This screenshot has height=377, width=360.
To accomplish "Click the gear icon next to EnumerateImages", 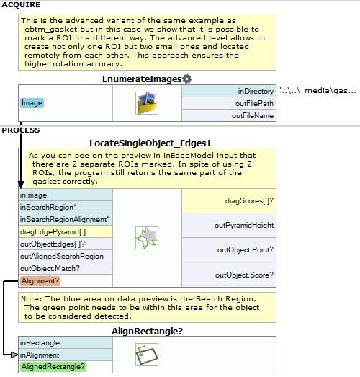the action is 186,79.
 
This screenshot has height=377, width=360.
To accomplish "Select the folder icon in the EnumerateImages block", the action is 147,103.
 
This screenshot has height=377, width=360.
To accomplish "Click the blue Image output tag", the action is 32,103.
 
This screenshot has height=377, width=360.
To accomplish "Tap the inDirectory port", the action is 229,91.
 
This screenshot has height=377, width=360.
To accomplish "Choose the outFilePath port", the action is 229,103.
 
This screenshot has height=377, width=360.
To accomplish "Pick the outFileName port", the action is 229,115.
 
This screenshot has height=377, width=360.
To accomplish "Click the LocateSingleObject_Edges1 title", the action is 150,143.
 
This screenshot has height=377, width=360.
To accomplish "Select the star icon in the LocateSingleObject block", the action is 147,238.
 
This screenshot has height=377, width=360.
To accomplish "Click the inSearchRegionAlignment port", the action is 66,219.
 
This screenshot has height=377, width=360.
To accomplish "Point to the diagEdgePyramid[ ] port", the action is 66,231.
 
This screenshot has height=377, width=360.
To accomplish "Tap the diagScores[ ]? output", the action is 229,201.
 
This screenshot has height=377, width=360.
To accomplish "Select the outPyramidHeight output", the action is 229,226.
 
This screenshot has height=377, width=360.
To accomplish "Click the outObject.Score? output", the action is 229,275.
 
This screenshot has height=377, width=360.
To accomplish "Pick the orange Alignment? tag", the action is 40,281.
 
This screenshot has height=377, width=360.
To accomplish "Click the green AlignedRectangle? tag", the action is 53,366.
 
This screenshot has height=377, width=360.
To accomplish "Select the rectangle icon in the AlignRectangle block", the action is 147,355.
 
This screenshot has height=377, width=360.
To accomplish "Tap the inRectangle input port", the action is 66,342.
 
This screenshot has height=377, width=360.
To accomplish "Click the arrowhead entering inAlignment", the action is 14,355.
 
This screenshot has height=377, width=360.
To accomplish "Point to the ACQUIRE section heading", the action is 21,5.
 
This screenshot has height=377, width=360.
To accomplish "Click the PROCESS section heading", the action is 21,130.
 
